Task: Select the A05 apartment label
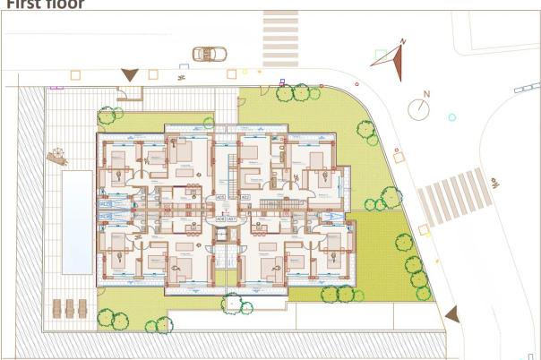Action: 221,197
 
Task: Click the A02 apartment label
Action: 245,197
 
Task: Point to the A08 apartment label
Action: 221,218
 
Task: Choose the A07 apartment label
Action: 232,218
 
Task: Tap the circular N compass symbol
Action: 420,108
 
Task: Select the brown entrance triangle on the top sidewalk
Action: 131,75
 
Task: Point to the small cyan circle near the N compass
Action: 451,116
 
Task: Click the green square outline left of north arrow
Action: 381,56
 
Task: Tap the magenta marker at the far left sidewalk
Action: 54,87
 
